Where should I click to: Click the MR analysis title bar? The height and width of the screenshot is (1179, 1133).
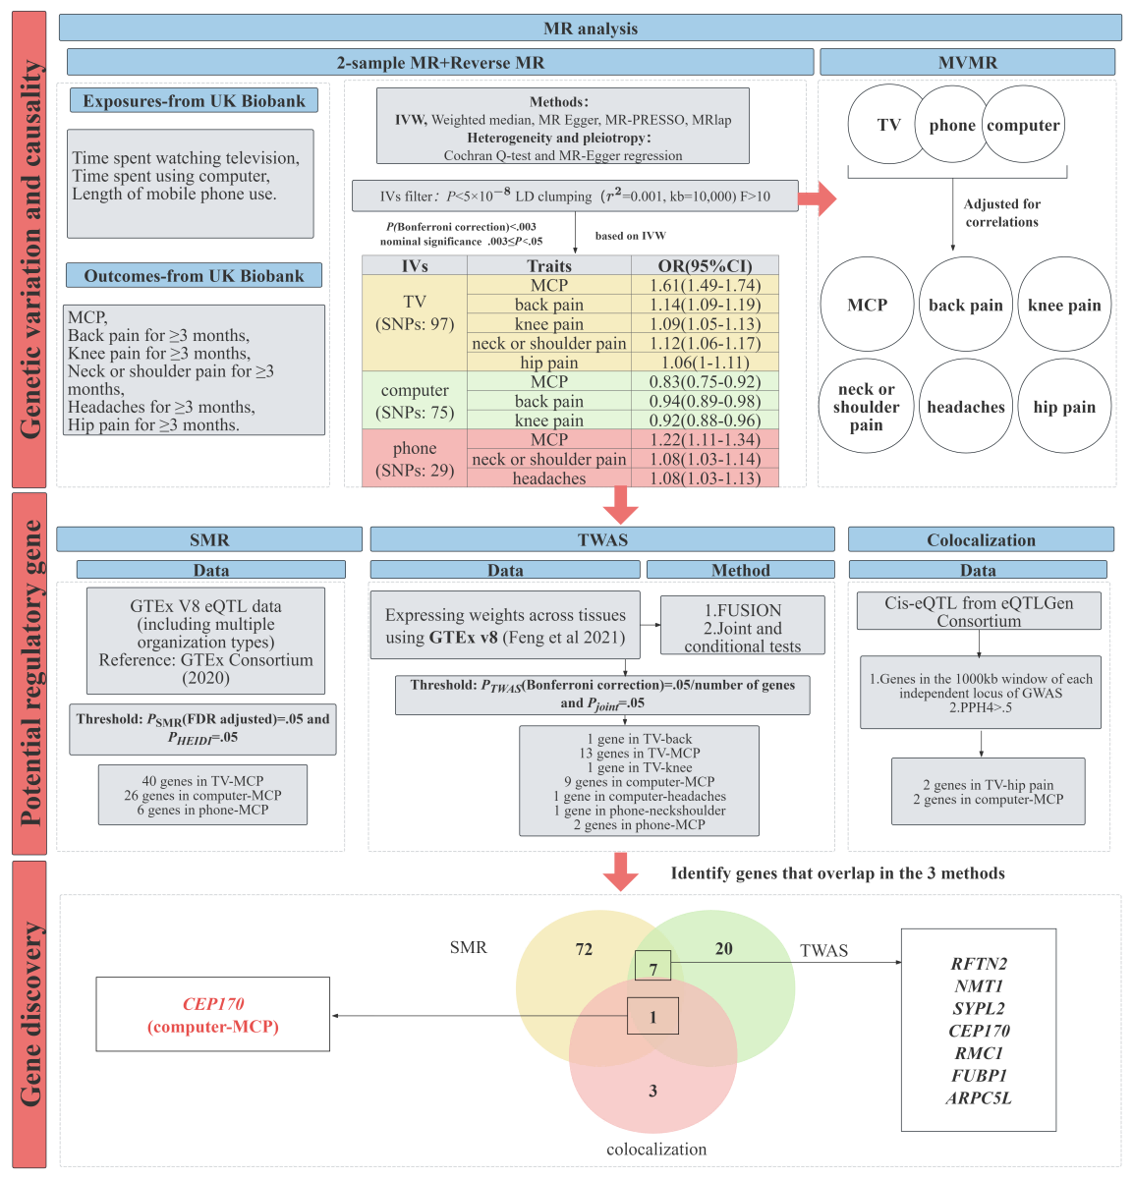click(x=590, y=28)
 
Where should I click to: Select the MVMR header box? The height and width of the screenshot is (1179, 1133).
click(x=967, y=62)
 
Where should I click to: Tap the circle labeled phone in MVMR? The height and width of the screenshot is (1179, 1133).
click(x=951, y=125)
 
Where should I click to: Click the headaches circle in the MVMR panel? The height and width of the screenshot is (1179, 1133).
click(x=966, y=407)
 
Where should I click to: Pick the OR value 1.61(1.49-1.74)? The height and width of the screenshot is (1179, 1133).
click(x=705, y=285)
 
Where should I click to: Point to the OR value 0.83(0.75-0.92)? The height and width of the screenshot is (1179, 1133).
click(x=705, y=381)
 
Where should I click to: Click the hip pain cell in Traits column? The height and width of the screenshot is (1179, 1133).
click(x=548, y=363)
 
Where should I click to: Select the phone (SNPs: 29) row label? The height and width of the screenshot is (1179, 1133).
click(x=415, y=459)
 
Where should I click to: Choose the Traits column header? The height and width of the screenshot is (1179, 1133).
click(x=548, y=265)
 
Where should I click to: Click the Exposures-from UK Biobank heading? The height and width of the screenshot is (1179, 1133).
click(x=194, y=100)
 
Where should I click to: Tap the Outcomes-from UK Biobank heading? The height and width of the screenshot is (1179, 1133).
click(x=194, y=276)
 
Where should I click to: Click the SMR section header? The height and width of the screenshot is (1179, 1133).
click(x=209, y=539)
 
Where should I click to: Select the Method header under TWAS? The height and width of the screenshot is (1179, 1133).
click(x=740, y=570)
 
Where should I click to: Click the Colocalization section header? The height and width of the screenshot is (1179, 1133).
click(x=981, y=539)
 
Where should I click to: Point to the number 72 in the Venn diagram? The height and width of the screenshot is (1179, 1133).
click(x=584, y=949)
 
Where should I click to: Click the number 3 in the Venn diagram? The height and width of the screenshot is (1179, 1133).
click(x=652, y=1091)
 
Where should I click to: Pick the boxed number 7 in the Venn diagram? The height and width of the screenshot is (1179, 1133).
click(x=652, y=968)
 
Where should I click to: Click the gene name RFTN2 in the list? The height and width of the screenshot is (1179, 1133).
click(x=979, y=964)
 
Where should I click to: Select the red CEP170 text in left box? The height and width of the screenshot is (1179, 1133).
click(x=213, y=1004)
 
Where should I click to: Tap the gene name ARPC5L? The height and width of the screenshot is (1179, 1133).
click(x=979, y=1098)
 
